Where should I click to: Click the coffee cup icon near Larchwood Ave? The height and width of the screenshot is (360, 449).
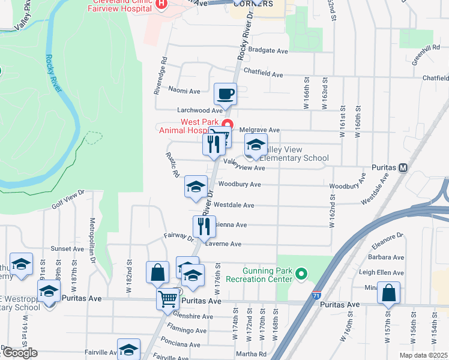click(226, 94)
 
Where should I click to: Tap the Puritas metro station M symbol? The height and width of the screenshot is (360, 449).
click(403, 167)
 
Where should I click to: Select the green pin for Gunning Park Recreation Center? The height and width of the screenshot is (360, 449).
click(301, 275)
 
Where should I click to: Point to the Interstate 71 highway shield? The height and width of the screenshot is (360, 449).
click(316, 295)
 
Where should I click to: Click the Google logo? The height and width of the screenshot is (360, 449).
click(19, 353)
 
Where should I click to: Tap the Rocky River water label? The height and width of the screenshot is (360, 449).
click(53, 73)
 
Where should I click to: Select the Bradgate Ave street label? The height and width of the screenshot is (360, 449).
click(268, 52)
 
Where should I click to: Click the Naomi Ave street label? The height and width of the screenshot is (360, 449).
click(184, 91)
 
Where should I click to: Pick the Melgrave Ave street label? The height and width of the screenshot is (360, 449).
click(260, 130)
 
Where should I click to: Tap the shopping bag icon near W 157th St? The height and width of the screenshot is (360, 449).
click(388, 293)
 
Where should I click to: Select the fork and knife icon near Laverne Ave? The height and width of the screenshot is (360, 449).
click(203, 226)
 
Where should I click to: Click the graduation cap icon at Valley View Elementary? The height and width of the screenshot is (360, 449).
click(256, 145)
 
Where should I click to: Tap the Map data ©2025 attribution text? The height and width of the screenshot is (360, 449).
click(424, 355)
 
